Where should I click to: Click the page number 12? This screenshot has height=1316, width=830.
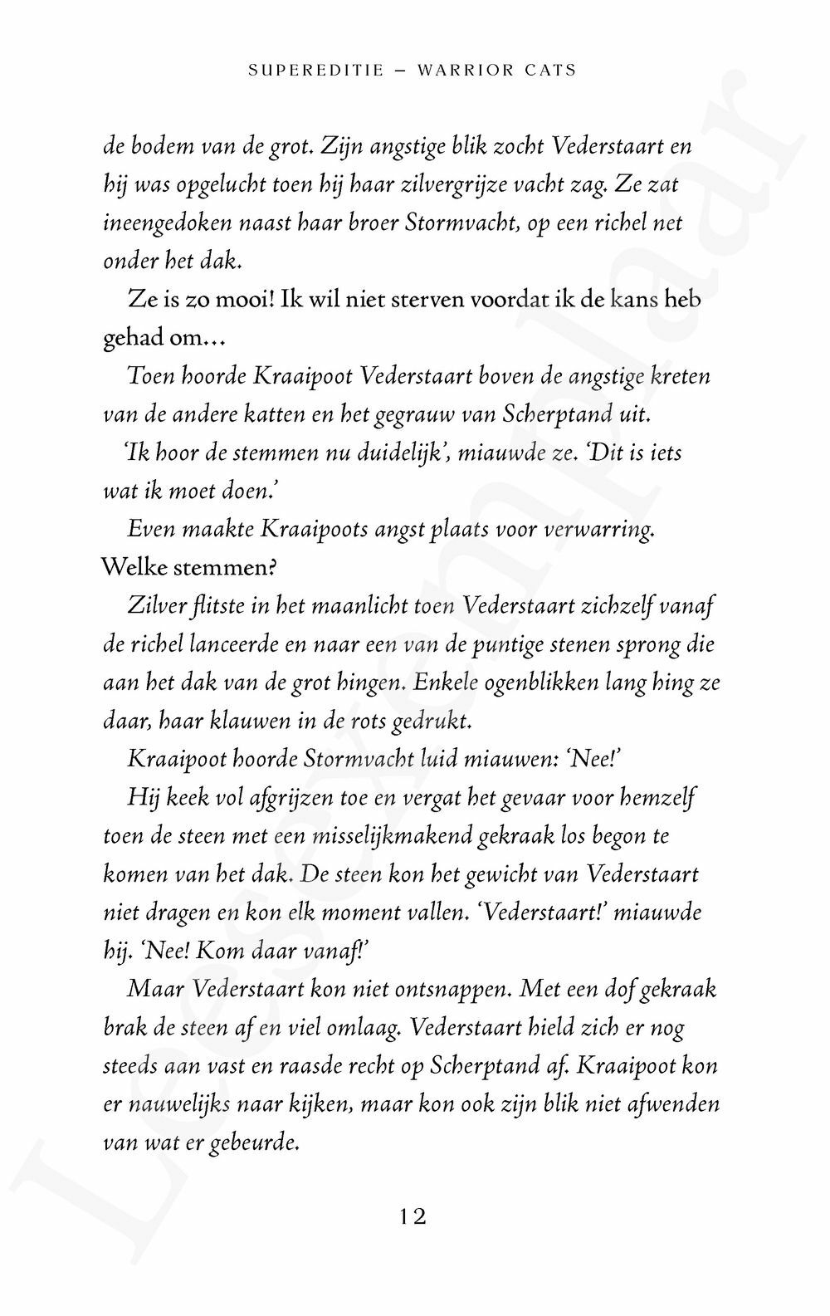(x=412, y=1217)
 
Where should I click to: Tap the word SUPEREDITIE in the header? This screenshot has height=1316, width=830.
(x=316, y=71)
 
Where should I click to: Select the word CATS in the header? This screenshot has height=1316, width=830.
(x=551, y=71)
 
